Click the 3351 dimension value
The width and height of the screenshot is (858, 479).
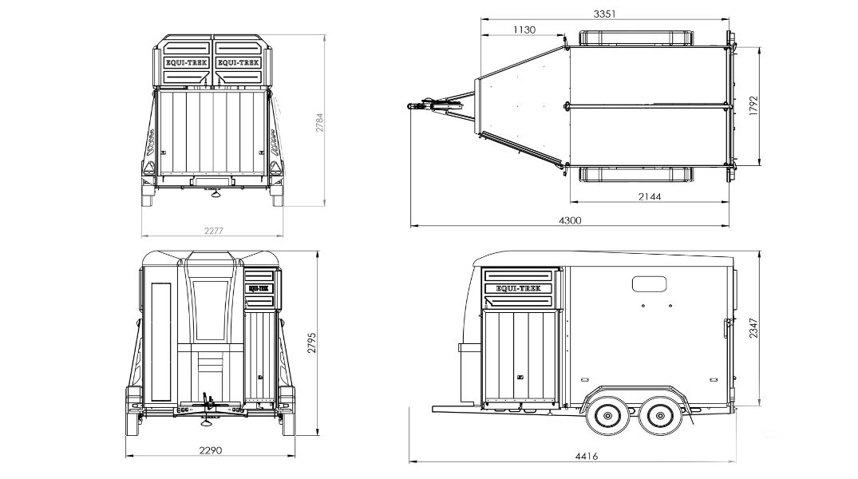605,14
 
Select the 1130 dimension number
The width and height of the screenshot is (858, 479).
524,30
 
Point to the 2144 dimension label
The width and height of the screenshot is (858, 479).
650,196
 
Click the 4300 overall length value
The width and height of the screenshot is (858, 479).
570,220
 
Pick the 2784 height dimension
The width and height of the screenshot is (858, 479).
319,123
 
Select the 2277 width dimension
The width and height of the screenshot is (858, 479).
213,231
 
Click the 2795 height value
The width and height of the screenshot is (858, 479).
311,342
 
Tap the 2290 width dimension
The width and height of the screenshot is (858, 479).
210,450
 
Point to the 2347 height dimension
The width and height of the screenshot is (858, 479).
753,328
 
